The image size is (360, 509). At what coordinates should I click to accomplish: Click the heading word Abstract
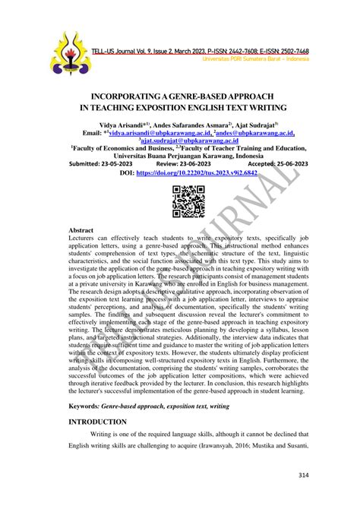(81, 229)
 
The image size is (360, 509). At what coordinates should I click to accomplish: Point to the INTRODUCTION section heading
(97, 421)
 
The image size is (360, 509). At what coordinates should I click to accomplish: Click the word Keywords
(87, 406)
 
